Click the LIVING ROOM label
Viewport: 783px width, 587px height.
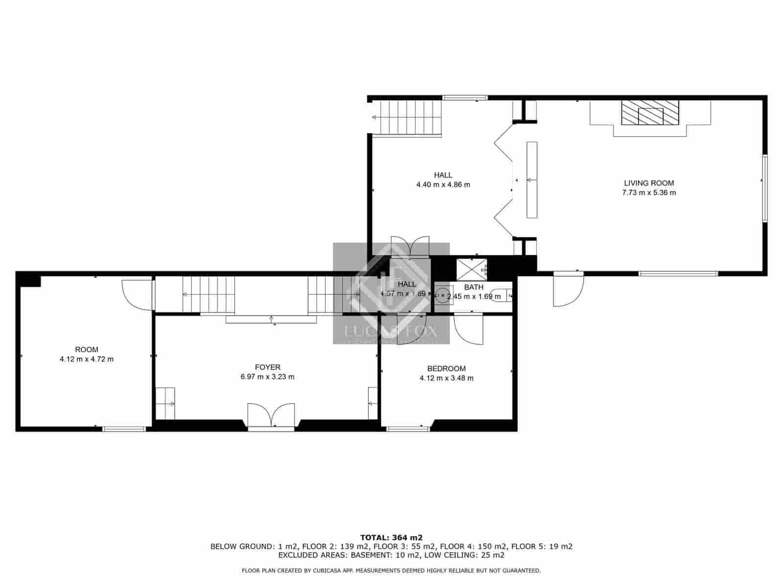[x=649, y=183]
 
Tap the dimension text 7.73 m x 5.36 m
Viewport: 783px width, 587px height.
[x=649, y=193]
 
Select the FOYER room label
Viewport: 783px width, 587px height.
[x=268, y=367]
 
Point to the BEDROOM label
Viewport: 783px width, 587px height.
[x=446, y=369]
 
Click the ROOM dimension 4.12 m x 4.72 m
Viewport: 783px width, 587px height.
[x=87, y=359]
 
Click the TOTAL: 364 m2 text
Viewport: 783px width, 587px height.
[x=391, y=537]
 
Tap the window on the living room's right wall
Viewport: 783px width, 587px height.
[x=764, y=189]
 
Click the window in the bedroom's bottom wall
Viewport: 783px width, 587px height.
[x=408, y=429]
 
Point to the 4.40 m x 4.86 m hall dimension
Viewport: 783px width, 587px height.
[x=443, y=185]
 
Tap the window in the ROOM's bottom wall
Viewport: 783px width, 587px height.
[x=124, y=429]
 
